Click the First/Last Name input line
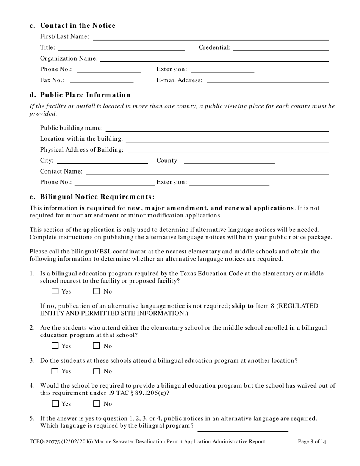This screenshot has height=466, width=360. click(x=210, y=37)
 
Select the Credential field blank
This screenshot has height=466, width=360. click(x=281, y=48)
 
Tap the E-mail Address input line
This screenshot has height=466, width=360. click(x=268, y=80)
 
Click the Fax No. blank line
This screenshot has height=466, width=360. click(x=102, y=80)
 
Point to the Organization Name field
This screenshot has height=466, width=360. click(x=214, y=58)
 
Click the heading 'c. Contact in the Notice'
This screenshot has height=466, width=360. click(x=72, y=26)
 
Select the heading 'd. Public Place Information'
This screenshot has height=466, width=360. click(x=80, y=95)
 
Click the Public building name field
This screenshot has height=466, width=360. click(x=217, y=128)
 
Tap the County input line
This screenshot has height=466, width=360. click(x=229, y=161)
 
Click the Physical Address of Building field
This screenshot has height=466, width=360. click(x=228, y=150)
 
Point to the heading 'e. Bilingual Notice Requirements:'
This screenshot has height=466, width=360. click(x=92, y=197)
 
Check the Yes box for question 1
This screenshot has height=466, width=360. click(x=55, y=291)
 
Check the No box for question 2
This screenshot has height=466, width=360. click(x=97, y=346)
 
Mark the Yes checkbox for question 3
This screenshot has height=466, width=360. click(x=55, y=371)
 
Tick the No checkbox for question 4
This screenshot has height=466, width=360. click(x=97, y=404)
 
